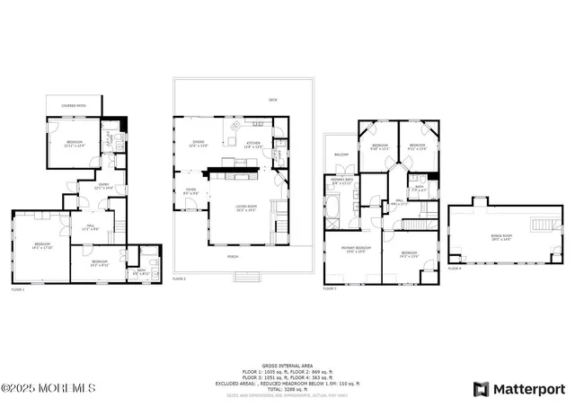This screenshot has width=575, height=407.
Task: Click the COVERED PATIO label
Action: click(74, 106)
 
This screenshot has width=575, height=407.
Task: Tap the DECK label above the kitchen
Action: click(272, 99)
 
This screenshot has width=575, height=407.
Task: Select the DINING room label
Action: click(199, 143)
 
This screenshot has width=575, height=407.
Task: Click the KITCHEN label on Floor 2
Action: click(253, 143)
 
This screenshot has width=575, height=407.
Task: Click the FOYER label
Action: click(191, 190)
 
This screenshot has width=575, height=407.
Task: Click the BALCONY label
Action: click(341, 155)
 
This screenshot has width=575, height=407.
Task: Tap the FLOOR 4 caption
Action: click(455, 268)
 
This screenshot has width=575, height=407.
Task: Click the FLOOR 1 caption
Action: click(19, 289)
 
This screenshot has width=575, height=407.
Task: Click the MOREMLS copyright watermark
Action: click(49, 388)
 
